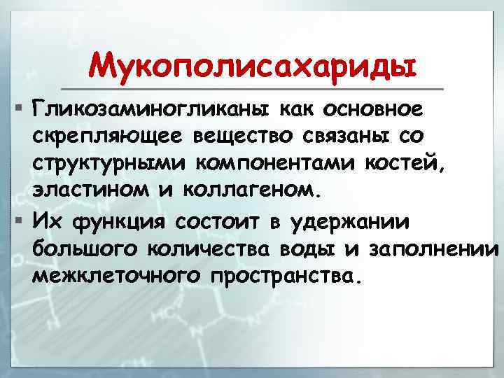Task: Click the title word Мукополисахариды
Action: [252, 66]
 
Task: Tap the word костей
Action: [404, 164]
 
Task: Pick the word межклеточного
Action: [116, 275]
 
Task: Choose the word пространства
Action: [287, 275]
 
